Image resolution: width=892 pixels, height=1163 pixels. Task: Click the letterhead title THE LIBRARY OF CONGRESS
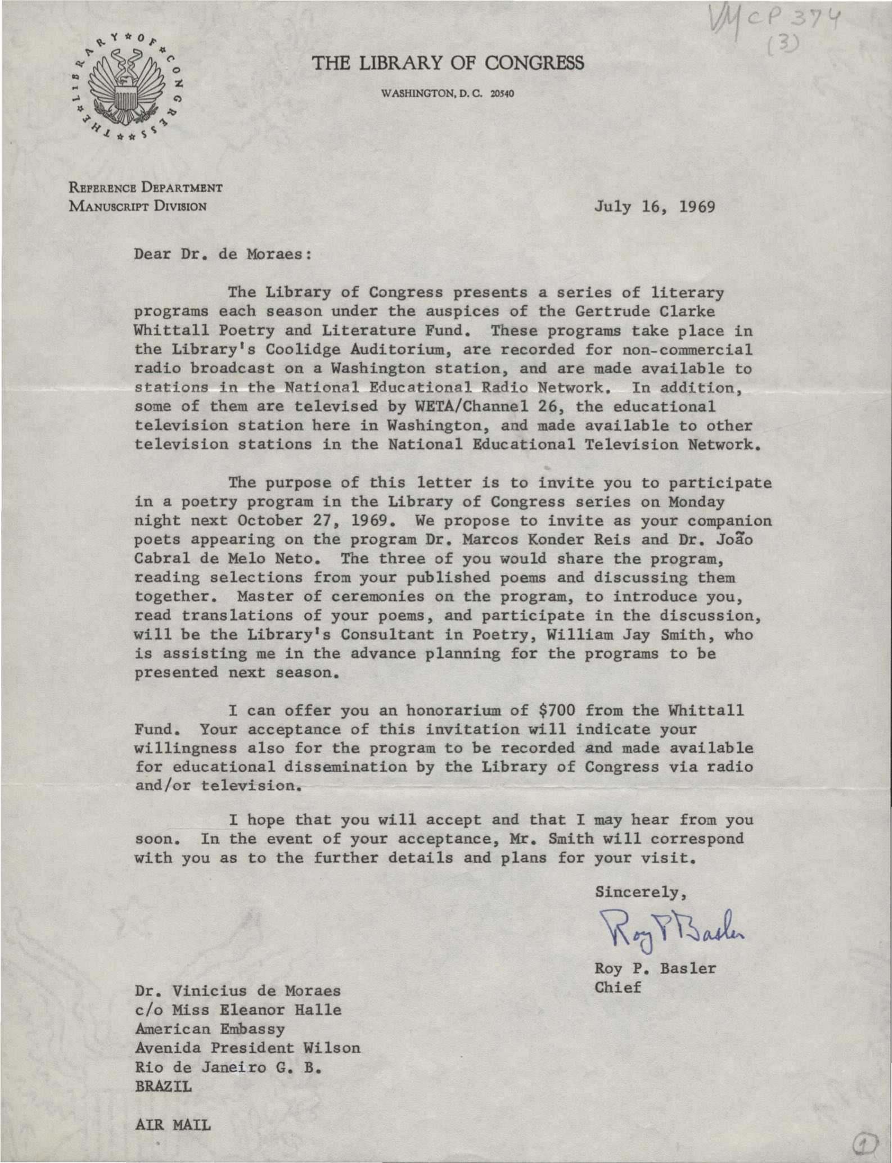tap(448, 63)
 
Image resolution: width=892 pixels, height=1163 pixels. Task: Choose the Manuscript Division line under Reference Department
tap(138, 206)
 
